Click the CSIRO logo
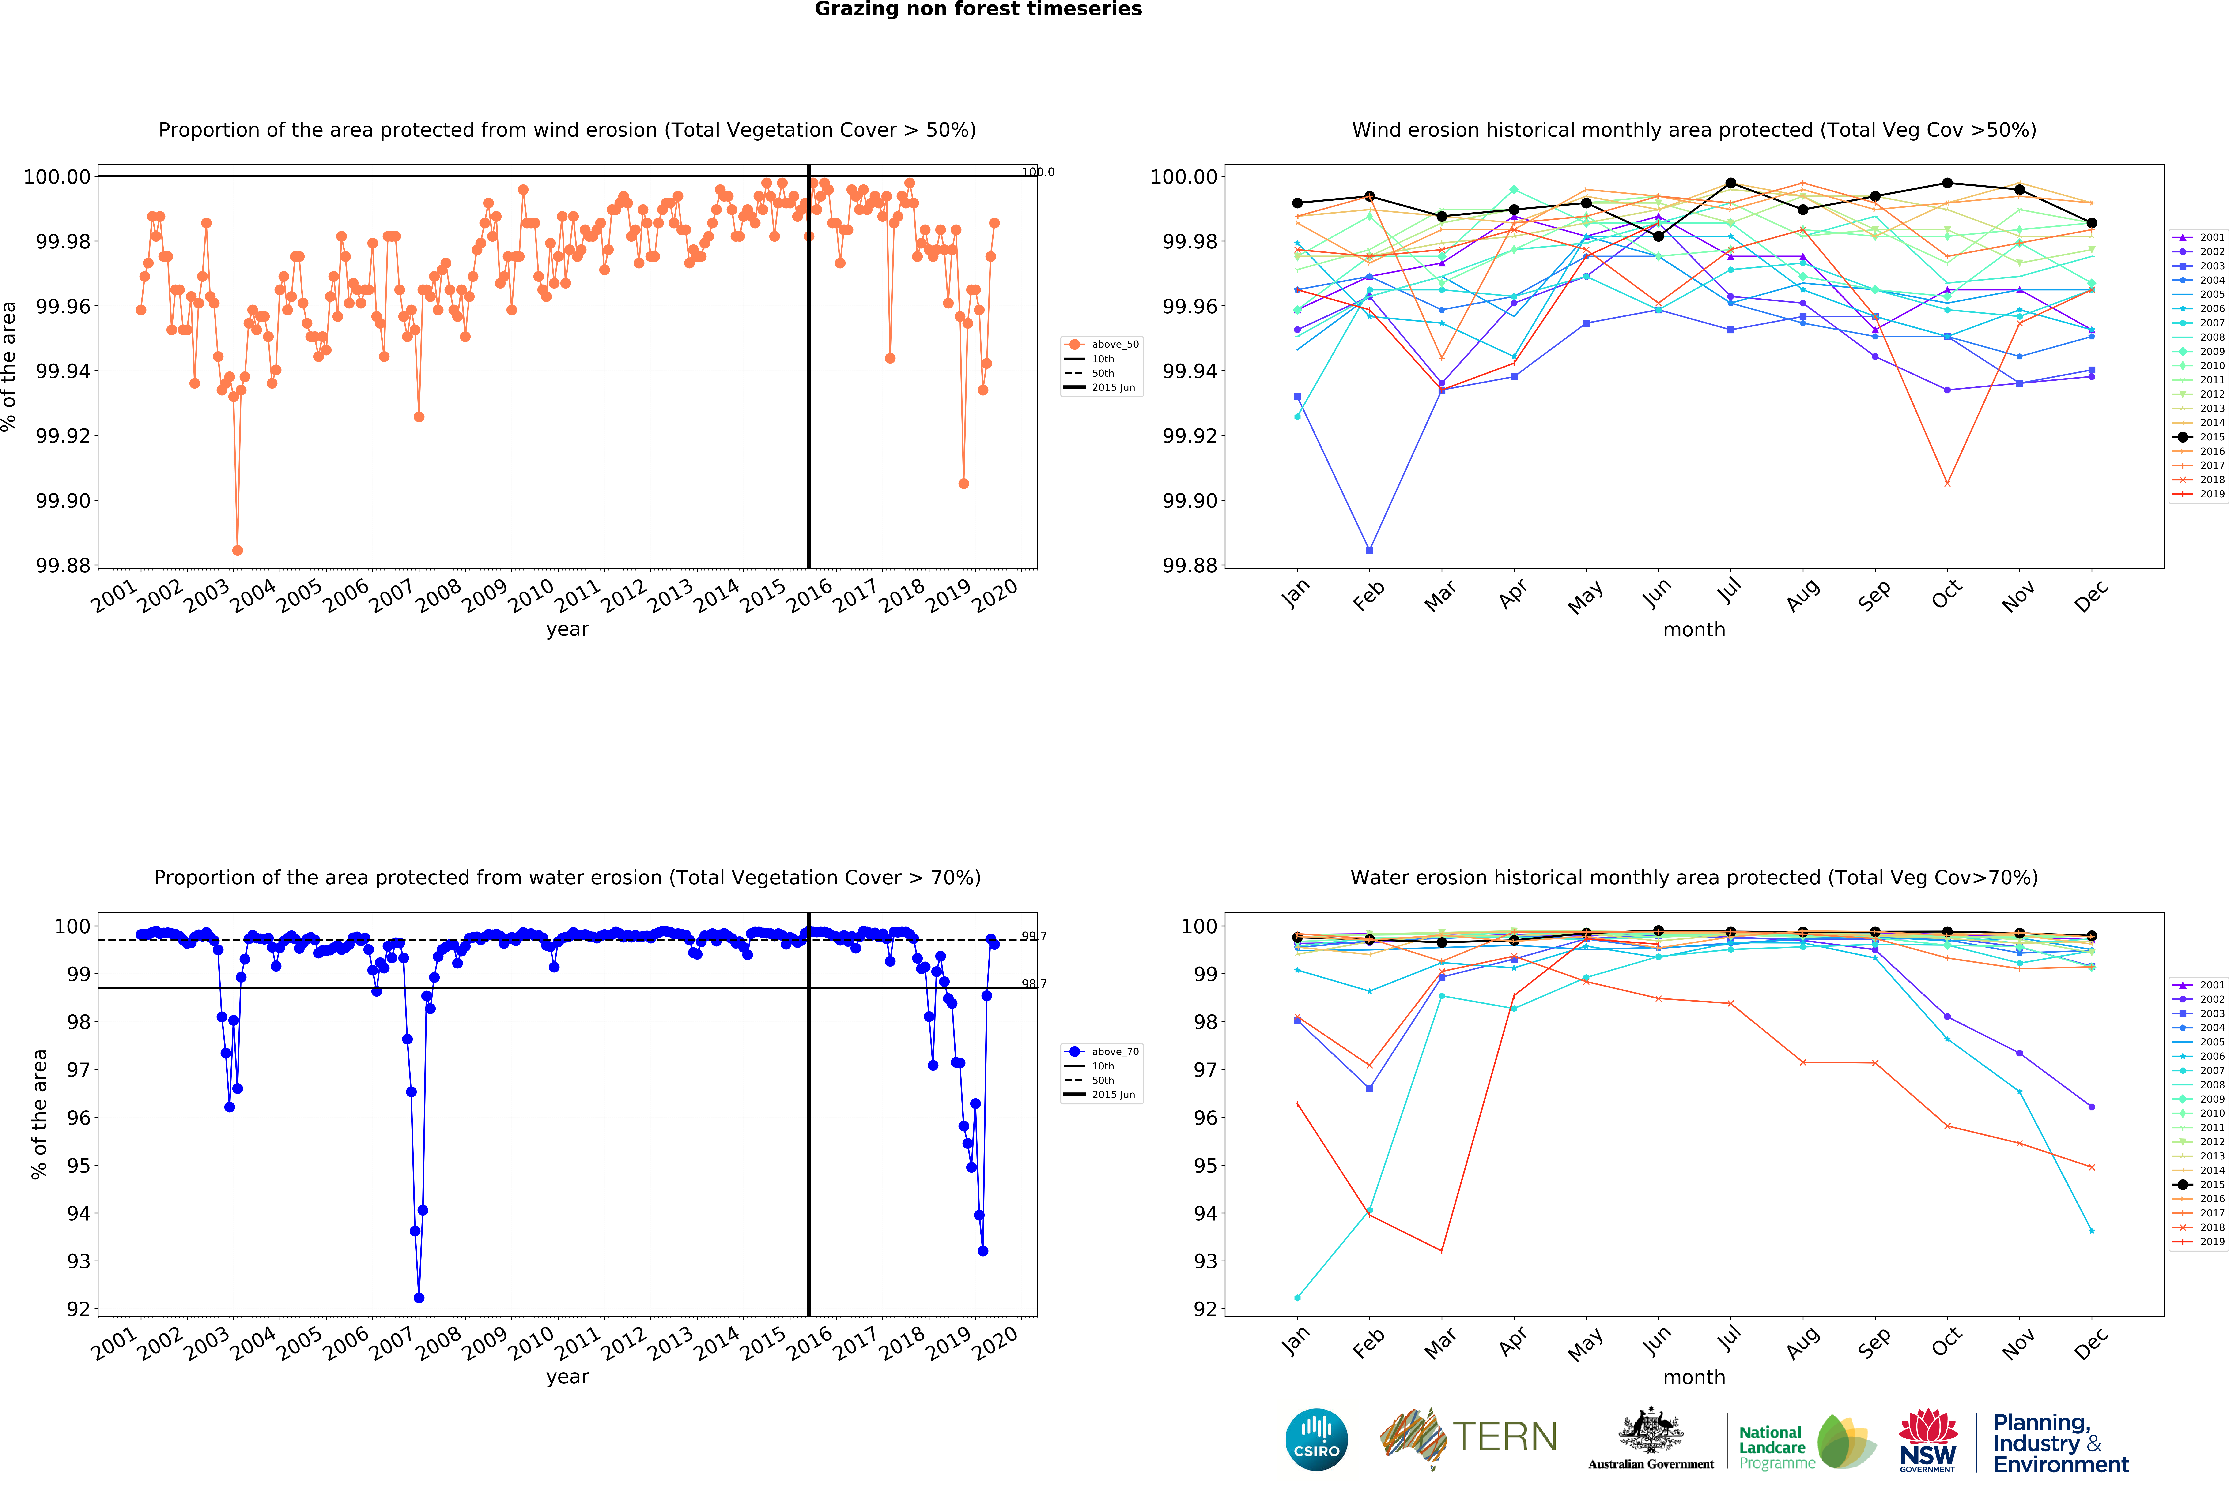tap(1316, 1439)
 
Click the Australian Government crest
tap(1650, 1432)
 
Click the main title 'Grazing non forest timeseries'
tap(978, 10)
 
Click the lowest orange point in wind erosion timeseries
tap(237, 550)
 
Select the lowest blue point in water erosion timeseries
tap(418, 1298)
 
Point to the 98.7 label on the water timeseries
tap(1033, 983)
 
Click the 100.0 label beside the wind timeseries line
tap(1038, 173)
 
